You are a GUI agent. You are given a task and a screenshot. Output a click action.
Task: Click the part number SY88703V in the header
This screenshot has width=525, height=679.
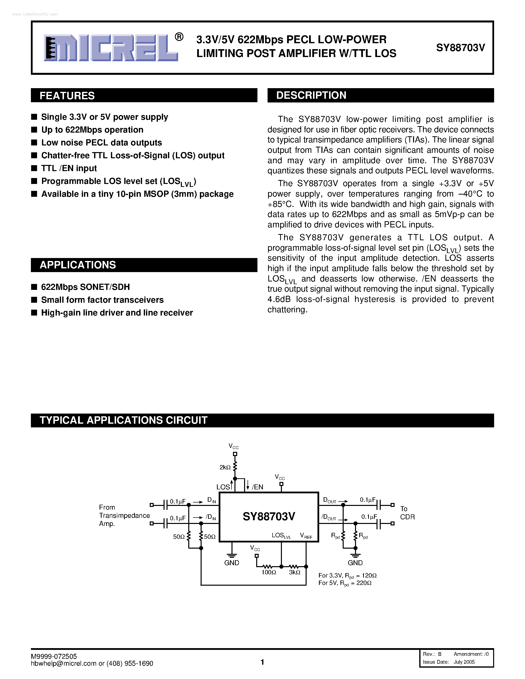click(460, 48)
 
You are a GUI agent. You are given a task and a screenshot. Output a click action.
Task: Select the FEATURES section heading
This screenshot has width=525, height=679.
click(67, 96)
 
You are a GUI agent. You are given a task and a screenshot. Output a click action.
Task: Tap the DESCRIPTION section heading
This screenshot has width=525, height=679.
click(311, 95)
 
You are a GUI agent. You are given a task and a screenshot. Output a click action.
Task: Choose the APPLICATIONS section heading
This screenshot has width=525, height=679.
click(78, 265)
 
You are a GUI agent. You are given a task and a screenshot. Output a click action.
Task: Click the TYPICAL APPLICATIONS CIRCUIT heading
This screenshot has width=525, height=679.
click(124, 420)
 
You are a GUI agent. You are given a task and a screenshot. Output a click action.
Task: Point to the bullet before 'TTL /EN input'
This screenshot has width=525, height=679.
click(34, 168)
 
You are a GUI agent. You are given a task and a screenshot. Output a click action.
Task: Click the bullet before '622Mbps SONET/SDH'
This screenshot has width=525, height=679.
click(34, 287)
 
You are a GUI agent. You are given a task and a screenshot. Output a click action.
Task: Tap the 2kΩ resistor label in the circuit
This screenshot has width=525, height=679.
click(225, 467)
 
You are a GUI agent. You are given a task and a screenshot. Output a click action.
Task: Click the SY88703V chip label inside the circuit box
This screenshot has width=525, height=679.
click(269, 516)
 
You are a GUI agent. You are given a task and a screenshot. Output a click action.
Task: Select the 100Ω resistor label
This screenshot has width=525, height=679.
click(269, 572)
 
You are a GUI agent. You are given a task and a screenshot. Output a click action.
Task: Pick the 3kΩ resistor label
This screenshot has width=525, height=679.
click(294, 572)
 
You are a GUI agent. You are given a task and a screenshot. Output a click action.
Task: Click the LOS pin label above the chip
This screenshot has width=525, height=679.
click(223, 487)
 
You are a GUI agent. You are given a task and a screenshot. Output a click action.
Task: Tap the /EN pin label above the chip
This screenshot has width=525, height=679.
click(257, 487)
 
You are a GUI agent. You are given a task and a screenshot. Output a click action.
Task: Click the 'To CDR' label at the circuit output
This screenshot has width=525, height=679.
click(407, 513)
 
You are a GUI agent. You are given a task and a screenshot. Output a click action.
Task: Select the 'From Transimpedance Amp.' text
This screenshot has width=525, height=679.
click(124, 516)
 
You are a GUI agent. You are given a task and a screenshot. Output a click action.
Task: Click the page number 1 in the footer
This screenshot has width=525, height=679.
click(262, 662)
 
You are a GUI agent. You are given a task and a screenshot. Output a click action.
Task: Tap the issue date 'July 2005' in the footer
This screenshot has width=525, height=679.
click(464, 662)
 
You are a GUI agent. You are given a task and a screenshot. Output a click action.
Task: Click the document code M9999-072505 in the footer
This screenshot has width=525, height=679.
click(54, 656)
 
